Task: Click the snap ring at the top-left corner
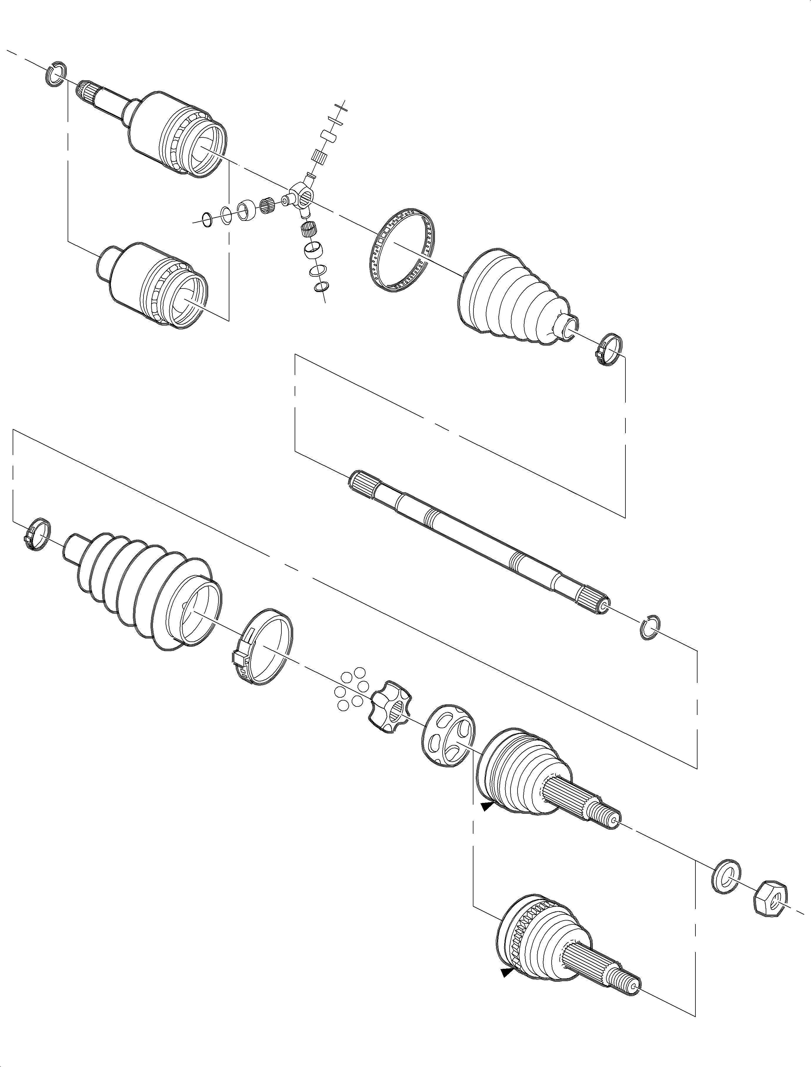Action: point(55,75)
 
